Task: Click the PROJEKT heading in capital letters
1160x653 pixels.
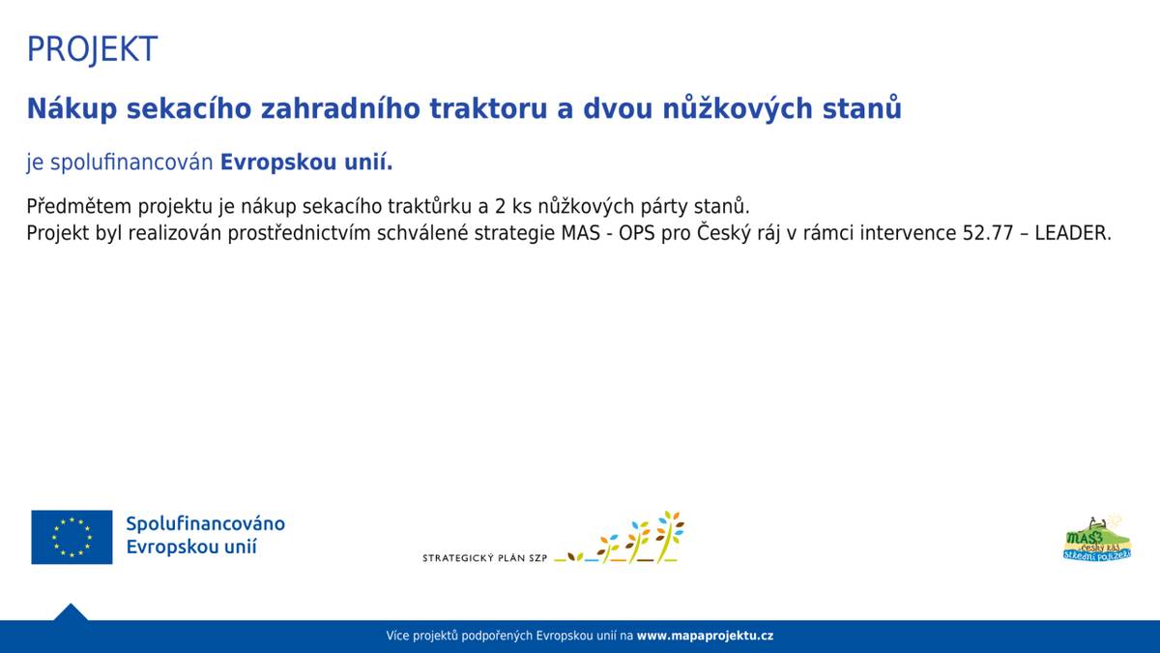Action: pos(92,49)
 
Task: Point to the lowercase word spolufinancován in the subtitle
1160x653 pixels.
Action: pos(131,163)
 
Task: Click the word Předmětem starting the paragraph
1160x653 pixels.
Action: pos(79,206)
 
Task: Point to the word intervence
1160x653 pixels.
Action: pos(910,233)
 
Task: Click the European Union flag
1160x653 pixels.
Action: pos(72,537)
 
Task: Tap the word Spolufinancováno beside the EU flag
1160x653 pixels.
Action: pos(205,523)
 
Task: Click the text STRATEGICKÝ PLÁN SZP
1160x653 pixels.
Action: pos(485,558)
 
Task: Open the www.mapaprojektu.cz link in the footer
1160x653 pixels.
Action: pos(705,636)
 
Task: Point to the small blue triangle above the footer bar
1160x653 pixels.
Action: pos(71,613)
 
